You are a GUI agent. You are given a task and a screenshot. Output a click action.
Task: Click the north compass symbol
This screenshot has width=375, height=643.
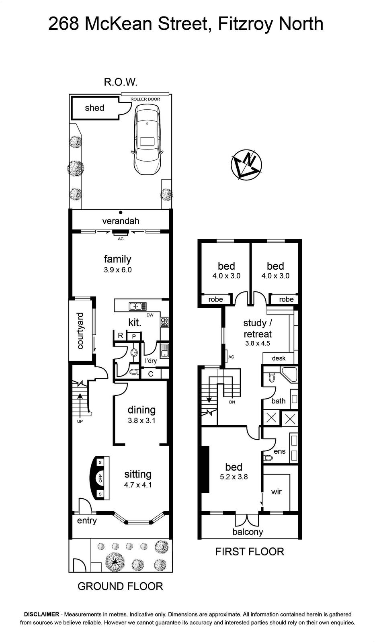coord(246,164)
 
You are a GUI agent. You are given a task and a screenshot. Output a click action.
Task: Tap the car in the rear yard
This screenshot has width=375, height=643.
coord(147,140)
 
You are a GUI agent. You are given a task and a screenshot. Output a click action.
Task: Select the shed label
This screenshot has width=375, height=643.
coord(94,108)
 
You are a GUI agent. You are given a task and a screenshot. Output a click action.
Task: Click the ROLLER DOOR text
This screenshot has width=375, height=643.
coord(145,99)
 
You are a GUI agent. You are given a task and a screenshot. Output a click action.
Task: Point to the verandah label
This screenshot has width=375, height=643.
coord(121,221)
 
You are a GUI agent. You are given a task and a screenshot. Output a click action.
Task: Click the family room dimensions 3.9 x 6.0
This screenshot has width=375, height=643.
coord(118,270)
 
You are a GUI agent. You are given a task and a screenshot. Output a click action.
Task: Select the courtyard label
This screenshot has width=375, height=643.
coord(80,331)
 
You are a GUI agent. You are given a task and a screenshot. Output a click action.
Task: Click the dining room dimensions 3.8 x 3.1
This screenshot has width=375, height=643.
coord(141,421)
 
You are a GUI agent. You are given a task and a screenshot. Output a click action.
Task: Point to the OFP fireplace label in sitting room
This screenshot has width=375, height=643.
coord(100,478)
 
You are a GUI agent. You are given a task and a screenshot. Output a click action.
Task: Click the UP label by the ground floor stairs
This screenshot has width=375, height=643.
coord(80,422)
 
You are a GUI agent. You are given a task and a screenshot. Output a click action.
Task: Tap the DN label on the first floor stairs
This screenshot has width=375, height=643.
coord(232,402)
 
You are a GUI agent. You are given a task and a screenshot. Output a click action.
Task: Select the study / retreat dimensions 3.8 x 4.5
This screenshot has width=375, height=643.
coord(258,343)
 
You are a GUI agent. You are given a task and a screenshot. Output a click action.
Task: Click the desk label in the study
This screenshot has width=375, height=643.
coord(279,358)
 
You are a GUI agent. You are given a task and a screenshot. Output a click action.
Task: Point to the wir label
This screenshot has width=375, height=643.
coord(276,492)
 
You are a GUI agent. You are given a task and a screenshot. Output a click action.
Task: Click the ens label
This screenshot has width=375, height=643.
coord(279,451)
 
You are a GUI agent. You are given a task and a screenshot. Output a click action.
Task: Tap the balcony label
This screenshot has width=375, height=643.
coord(248,532)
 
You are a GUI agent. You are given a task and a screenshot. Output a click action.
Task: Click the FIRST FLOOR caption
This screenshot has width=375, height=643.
coord(250,552)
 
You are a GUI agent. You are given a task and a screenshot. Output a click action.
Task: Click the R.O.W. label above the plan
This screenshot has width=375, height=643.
coord(121,82)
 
